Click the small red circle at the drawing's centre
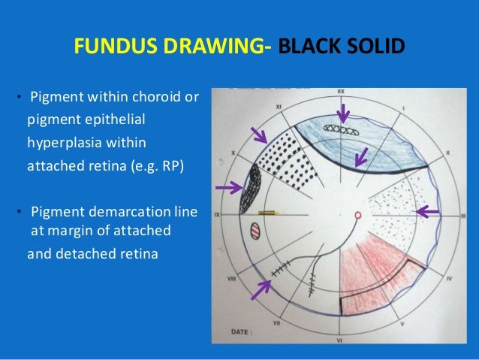pos(357,215)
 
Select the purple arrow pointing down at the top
pos(343,113)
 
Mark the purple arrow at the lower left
pos(261,288)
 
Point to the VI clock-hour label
pos(339,338)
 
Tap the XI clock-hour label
pos(279,107)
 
